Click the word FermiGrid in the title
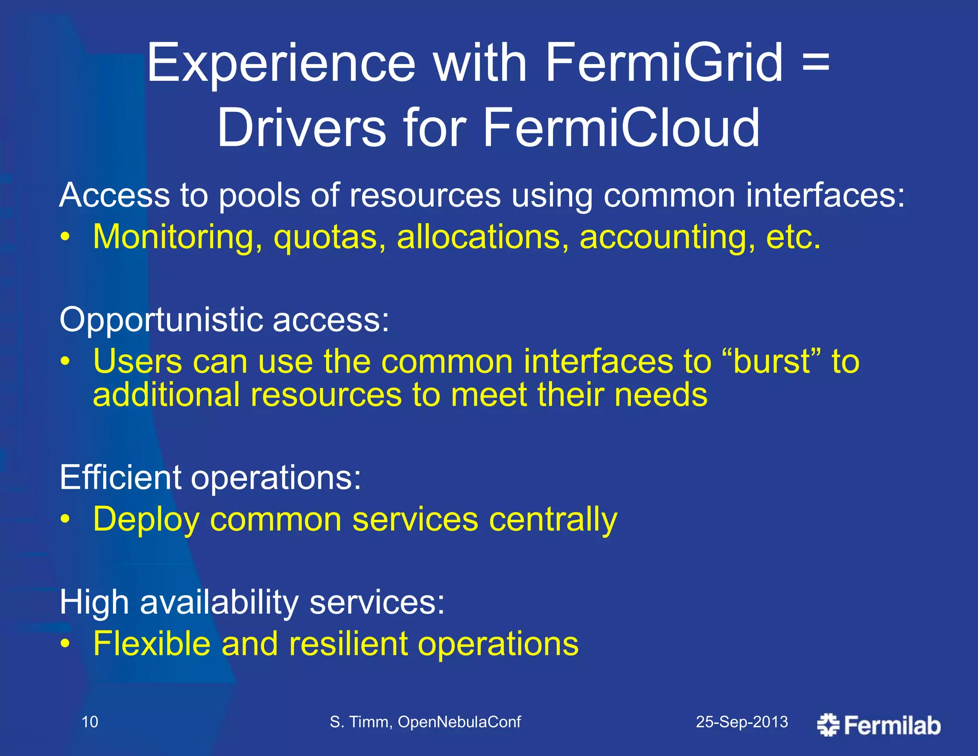664,63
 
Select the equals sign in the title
816,63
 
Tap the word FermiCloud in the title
621,128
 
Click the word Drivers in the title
301,128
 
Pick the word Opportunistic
161,320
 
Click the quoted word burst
771,362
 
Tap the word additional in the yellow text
166,395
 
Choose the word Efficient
120,477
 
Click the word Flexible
152,644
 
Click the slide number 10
90,722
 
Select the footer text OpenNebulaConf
459,722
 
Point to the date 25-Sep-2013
742,722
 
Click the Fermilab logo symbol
829,725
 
